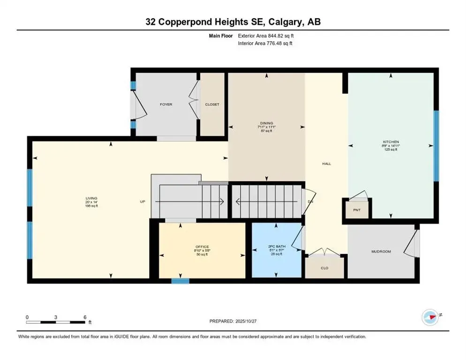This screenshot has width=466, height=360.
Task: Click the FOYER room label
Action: [x=166, y=105]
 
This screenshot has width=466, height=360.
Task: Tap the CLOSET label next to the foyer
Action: [x=212, y=105]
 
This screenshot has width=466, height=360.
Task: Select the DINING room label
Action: [x=266, y=123]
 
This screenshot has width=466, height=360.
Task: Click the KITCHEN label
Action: [x=390, y=142]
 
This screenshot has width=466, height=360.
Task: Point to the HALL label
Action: [x=326, y=164]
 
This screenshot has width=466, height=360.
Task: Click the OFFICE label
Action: [x=202, y=247]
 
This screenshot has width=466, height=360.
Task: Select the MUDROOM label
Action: [x=381, y=252]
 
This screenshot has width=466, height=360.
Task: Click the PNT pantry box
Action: [x=357, y=210]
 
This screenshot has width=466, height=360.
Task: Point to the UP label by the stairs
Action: [x=143, y=202]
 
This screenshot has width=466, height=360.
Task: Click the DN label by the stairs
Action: [x=310, y=202]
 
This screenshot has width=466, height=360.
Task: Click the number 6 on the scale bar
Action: [x=85, y=317]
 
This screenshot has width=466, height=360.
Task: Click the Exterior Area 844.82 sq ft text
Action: [x=266, y=36]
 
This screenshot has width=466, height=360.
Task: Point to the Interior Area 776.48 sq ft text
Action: [x=265, y=44]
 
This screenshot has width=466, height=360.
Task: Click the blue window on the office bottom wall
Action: [x=180, y=281]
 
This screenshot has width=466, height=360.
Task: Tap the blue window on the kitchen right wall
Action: [x=436, y=146]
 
